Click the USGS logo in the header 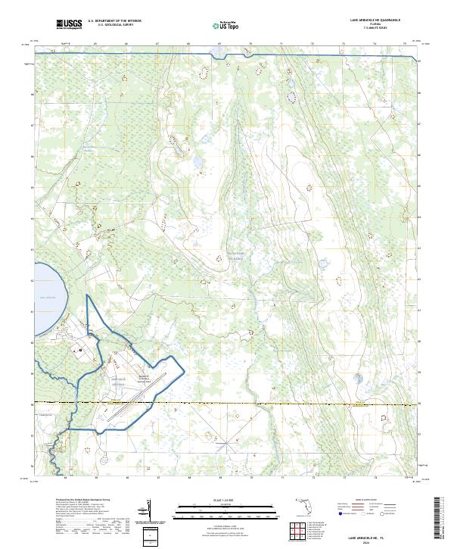(x=69, y=25)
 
